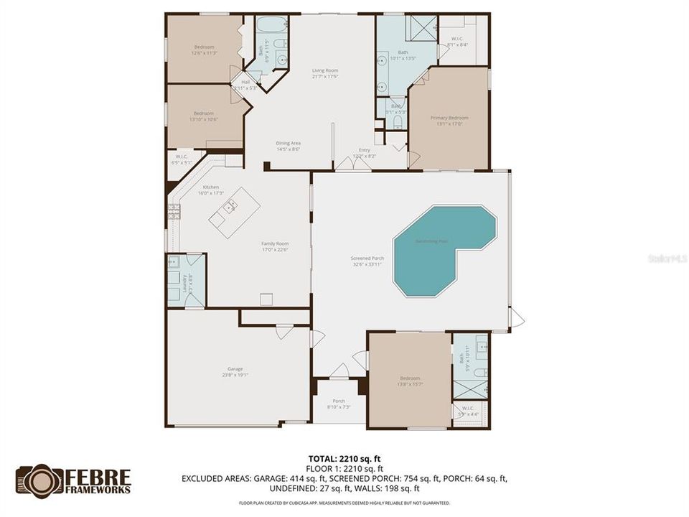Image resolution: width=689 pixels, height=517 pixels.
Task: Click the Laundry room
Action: pyautogui.click(x=186, y=280)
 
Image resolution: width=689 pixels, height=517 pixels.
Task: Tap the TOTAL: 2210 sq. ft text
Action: pyautogui.click(x=344, y=457)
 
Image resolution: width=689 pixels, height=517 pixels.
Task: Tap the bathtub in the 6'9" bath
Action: pyautogui.click(x=271, y=24)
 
